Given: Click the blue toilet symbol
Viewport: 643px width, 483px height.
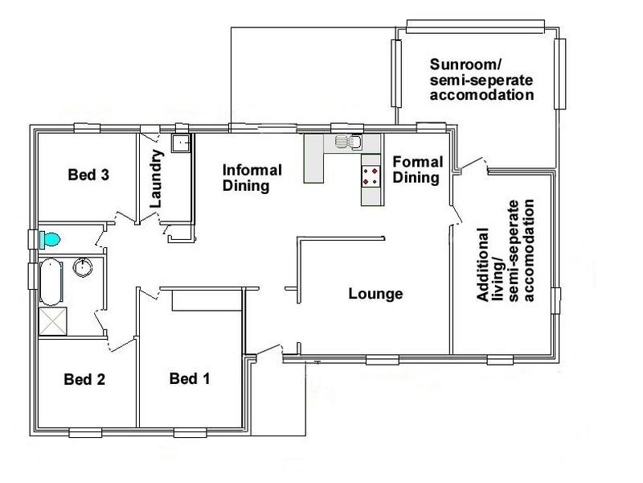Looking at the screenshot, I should click(51, 239).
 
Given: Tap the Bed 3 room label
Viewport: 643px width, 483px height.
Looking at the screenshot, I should click(88, 175).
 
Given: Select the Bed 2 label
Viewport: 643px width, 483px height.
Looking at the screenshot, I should click(84, 378).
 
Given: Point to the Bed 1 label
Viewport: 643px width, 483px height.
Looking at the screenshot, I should click(190, 378).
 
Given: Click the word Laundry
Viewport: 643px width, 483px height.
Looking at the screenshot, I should click(157, 179).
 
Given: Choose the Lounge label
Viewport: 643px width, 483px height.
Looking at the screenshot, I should click(375, 294).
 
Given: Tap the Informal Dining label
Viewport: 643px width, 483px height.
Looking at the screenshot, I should click(252, 177).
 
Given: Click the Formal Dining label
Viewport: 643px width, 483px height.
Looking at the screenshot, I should click(416, 169).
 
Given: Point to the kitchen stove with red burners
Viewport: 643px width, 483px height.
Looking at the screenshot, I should click(371, 176).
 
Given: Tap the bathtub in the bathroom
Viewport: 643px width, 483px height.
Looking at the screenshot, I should click(51, 281).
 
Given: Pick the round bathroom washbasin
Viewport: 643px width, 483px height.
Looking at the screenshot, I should click(83, 267).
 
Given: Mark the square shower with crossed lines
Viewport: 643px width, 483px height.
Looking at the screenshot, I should click(54, 322).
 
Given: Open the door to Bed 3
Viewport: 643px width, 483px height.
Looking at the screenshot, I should click(124, 218).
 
